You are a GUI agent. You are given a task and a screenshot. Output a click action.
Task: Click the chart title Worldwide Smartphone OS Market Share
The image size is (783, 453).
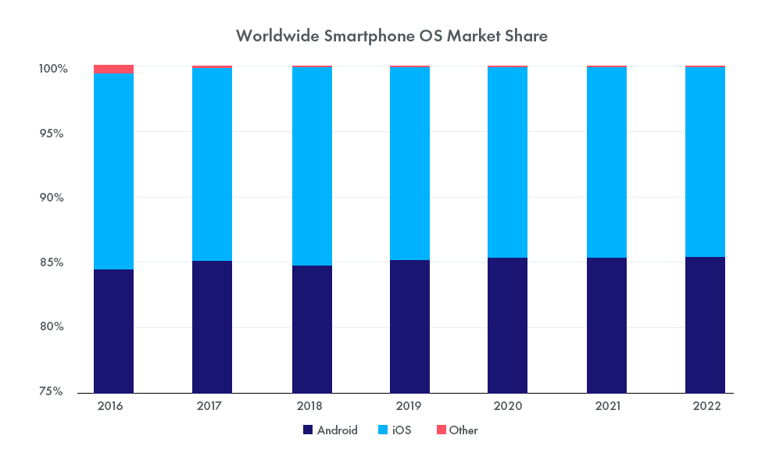click(x=391, y=36)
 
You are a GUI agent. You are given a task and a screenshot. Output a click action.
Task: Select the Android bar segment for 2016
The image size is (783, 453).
click(x=113, y=330)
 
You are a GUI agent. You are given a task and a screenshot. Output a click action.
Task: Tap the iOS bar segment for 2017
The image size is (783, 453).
click(x=212, y=165)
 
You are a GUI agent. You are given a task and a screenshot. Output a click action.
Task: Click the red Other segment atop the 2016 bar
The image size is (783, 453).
click(x=113, y=69)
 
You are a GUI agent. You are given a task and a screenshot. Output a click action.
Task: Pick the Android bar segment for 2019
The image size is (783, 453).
click(x=409, y=326)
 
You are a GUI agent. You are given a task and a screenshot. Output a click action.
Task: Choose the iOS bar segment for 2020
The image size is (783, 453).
click(x=508, y=162)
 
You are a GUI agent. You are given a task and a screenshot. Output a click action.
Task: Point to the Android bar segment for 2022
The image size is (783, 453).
click(x=705, y=324)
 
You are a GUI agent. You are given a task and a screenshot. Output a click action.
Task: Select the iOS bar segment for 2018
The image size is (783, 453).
click(x=311, y=166)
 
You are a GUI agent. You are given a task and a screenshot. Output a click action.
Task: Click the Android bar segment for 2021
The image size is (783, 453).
click(x=606, y=325)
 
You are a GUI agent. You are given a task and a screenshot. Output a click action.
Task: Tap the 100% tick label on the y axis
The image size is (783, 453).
click(x=53, y=70)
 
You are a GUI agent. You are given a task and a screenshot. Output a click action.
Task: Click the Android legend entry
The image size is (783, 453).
click(x=331, y=430)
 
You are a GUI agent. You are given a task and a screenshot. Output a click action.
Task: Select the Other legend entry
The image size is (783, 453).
click(x=456, y=430)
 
